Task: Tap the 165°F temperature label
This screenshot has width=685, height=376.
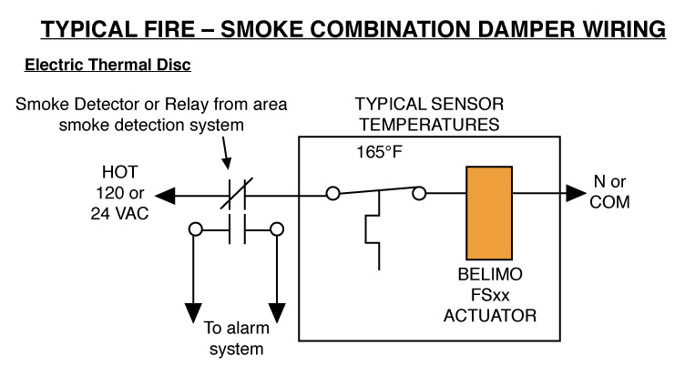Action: click(379, 149)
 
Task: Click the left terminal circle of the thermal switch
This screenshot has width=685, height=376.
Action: click(334, 193)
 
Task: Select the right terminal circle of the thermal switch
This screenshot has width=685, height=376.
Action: click(419, 193)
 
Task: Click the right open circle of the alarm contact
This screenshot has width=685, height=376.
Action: click(276, 229)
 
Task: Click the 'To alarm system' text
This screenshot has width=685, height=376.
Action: click(235, 340)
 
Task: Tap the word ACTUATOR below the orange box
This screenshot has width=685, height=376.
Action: click(490, 316)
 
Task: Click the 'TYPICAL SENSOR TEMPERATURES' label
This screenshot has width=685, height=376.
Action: click(428, 112)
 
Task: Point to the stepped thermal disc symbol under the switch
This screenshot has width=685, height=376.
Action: click(372, 237)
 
